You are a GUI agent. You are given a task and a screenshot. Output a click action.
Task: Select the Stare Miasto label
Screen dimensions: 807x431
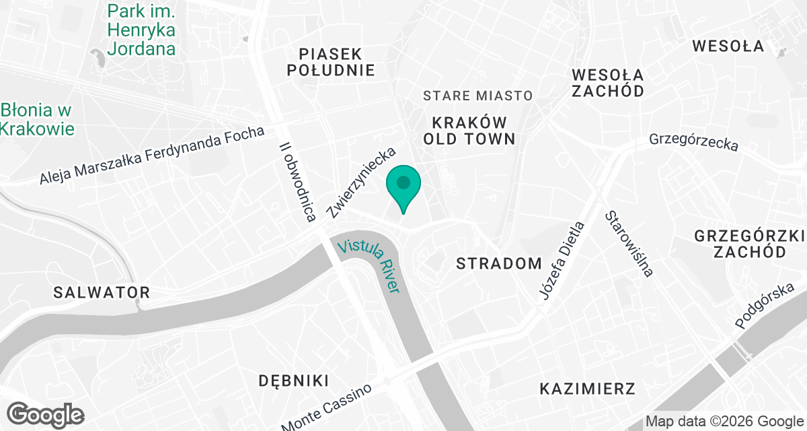pyautogui.click(x=477, y=96)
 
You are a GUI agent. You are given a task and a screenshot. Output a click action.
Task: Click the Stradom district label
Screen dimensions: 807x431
pyautogui.click(x=498, y=263)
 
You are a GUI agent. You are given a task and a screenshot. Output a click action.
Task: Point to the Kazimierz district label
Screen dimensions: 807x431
pyautogui.click(x=588, y=389)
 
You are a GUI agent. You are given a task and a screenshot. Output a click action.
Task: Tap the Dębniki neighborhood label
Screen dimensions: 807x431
pyautogui.click(x=293, y=380)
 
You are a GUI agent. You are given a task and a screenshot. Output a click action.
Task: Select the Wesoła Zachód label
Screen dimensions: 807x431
pyautogui.click(x=608, y=82)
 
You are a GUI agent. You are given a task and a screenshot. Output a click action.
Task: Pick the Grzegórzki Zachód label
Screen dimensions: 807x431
pyautogui.click(x=749, y=244)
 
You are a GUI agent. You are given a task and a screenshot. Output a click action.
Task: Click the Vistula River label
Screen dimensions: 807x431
pyautogui.click(x=369, y=264)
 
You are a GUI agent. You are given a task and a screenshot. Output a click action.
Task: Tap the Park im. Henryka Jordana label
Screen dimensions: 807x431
pyautogui.click(x=141, y=30)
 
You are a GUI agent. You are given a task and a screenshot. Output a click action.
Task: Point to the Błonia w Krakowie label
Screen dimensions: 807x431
pyautogui.click(x=37, y=119)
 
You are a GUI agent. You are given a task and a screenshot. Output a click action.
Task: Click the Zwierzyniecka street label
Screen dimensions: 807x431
pyautogui.click(x=360, y=183)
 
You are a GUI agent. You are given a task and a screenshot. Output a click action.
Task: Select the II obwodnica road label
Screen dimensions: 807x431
pyautogui.click(x=297, y=181)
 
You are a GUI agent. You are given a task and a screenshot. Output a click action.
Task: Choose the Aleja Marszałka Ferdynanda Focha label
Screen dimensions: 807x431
pyautogui.click(x=152, y=155)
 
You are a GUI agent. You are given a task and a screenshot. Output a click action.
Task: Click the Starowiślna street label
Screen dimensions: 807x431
pyautogui.click(x=629, y=243)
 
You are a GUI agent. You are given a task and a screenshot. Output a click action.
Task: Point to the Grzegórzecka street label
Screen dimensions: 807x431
pyautogui.click(x=693, y=141)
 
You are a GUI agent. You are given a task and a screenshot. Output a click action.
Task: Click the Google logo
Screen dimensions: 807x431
pyautogui.click(x=45, y=413)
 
